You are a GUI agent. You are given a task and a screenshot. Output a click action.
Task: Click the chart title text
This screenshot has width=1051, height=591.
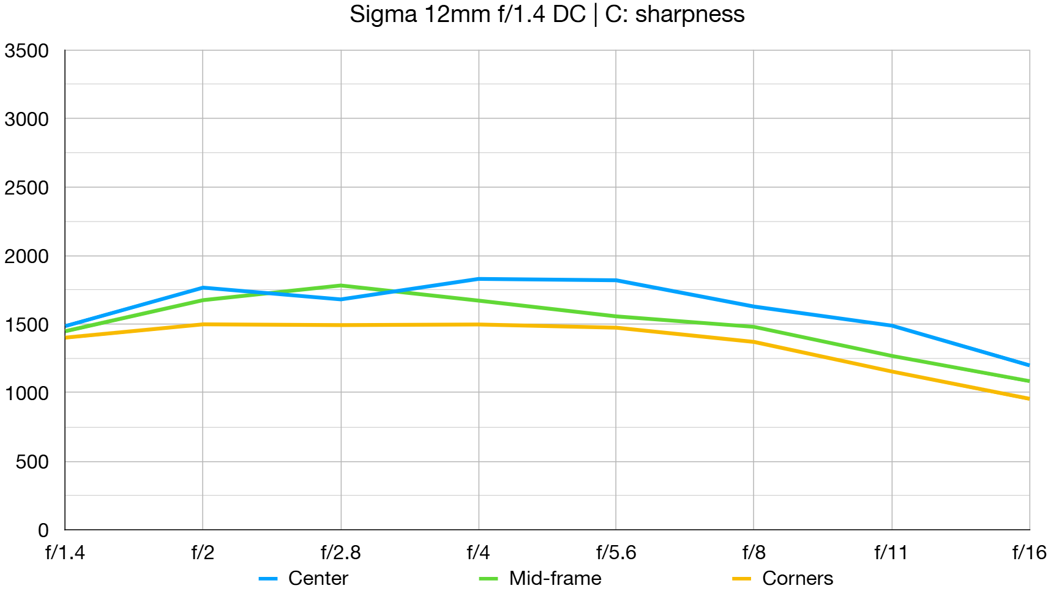(x=547, y=14)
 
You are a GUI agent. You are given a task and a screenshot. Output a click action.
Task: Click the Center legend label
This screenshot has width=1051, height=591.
(x=318, y=578)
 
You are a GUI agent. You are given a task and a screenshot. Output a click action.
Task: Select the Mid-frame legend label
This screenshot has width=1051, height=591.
(x=555, y=578)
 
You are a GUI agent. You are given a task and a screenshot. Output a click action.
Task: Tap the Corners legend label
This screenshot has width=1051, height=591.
(x=797, y=578)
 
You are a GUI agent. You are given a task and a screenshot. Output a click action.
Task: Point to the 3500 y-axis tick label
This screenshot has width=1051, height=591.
(x=26, y=51)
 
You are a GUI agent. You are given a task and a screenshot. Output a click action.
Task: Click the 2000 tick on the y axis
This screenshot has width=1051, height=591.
(x=26, y=256)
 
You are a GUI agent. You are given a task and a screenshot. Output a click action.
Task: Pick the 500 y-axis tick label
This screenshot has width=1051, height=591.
(x=32, y=462)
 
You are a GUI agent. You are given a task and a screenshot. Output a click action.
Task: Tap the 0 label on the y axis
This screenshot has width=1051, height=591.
(x=43, y=530)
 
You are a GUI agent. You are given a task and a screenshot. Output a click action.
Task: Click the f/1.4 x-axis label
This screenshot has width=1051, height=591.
(x=65, y=552)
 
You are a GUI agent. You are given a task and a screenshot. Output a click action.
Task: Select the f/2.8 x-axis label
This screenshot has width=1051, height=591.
(x=340, y=552)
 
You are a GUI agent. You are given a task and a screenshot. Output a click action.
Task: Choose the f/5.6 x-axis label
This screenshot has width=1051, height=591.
(x=616, y=552)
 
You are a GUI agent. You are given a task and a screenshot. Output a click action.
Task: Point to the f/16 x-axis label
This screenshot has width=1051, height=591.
(x=1029, y=552)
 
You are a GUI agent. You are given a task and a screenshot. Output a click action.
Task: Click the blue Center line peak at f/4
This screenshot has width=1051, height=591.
(x=479, y=279)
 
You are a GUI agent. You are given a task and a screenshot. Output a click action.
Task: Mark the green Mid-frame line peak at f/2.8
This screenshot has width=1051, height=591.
(x=341, y=286)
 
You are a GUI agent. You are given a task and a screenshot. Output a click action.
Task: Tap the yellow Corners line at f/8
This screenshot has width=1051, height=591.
(x=754, y=342)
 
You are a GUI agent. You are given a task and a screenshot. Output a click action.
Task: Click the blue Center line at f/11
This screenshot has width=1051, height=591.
(x=892, y=325)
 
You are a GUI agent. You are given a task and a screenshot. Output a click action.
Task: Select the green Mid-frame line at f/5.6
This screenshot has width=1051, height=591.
(x=616, y=316)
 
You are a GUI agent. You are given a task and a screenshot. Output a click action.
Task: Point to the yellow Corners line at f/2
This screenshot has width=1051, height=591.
(x=203, y=324)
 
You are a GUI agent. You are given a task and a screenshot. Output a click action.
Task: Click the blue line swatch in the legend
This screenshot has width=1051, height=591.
(x=268, y=578)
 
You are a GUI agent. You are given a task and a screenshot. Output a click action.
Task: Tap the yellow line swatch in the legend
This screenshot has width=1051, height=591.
(x=741, y=578)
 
